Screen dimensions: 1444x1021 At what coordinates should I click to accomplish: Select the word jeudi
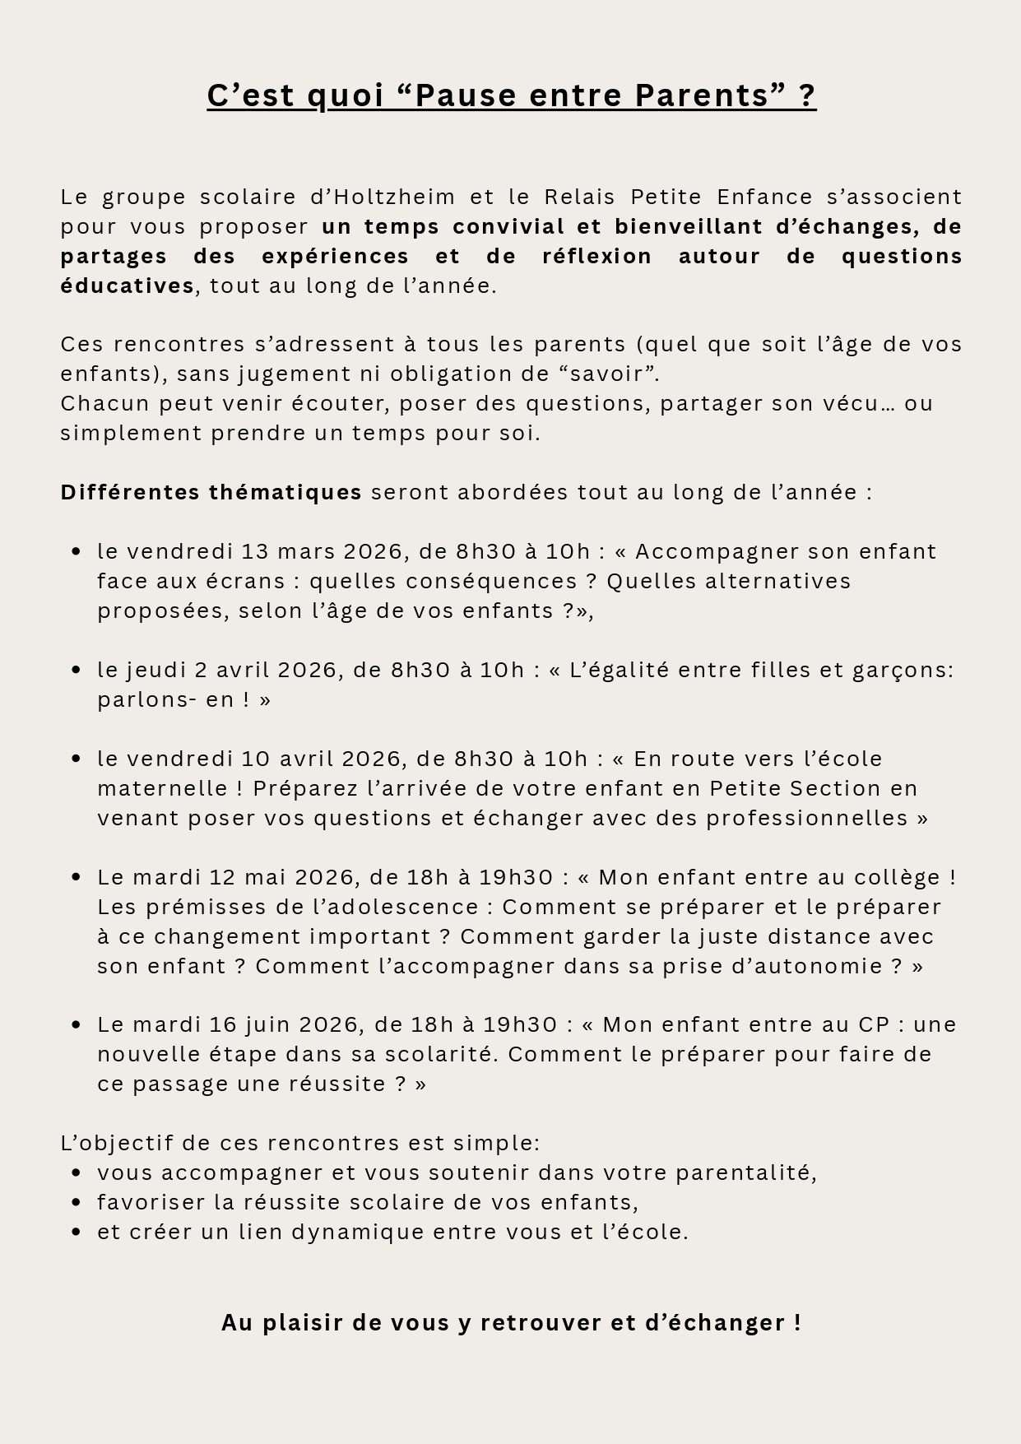[x=156, y=670]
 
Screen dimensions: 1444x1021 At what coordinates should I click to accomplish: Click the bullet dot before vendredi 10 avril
[x=77, y=759]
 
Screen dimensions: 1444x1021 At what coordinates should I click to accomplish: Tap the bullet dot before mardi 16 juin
[x=77, y=1025]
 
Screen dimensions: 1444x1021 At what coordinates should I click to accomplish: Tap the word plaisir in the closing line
[x=304, y=1322]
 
